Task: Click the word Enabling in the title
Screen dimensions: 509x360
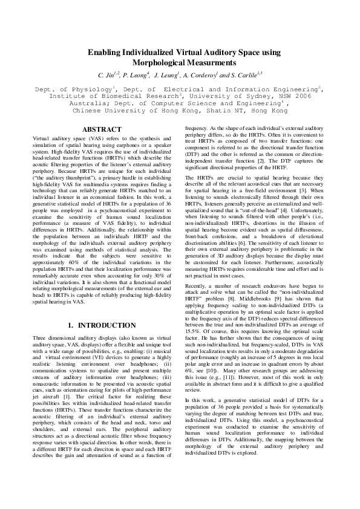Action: [105, 53]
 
